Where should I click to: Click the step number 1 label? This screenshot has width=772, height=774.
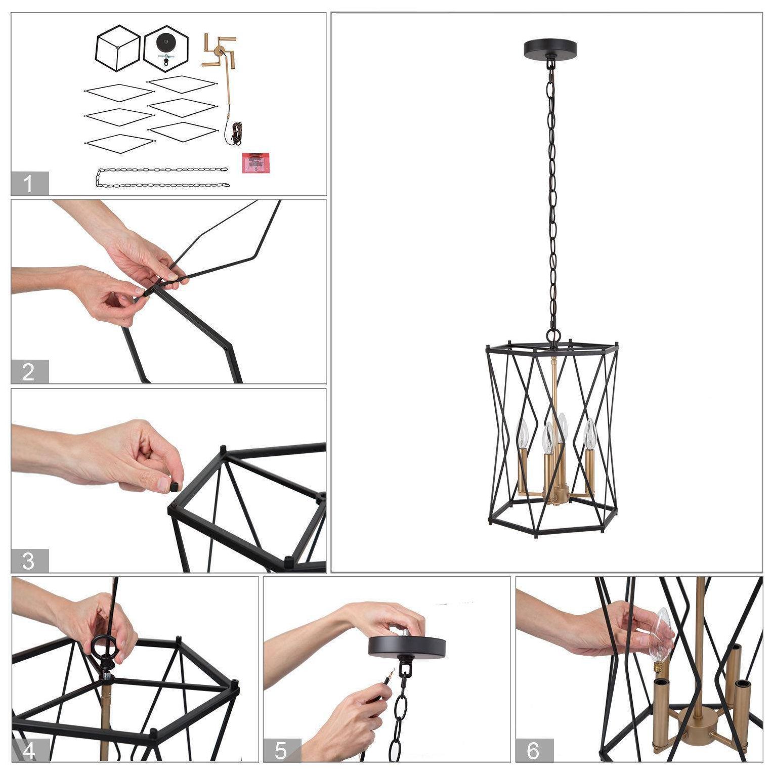click(x=30, y=183)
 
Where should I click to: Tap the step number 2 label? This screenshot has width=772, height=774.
click(x=30, y=372)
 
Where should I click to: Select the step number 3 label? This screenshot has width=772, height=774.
click(x=30, y=561)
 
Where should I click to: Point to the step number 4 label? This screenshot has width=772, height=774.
click(x=30, y=751)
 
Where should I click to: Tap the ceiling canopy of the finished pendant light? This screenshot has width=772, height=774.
click(x=550, y=49)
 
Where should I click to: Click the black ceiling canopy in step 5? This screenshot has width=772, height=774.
click(x=407, y=647)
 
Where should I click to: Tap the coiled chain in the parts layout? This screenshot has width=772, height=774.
click(x=162, y=177)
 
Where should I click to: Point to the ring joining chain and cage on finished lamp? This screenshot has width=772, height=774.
click(x=554, y=336)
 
